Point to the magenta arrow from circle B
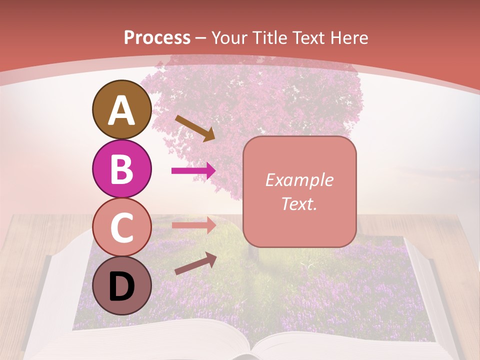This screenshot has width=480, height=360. click(193, 171)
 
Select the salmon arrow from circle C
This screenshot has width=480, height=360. click(193, 225)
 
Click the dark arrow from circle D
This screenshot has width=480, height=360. click(195, 263)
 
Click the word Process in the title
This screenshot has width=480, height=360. click(157, 37)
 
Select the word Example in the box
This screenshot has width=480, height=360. click(299, 180)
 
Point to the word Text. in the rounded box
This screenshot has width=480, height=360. click(299, 204)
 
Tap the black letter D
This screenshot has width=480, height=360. click(122, 286)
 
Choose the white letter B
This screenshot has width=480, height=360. click(122, 169)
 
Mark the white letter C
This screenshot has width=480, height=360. click(122, 227)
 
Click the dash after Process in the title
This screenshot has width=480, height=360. click(200, 38)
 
